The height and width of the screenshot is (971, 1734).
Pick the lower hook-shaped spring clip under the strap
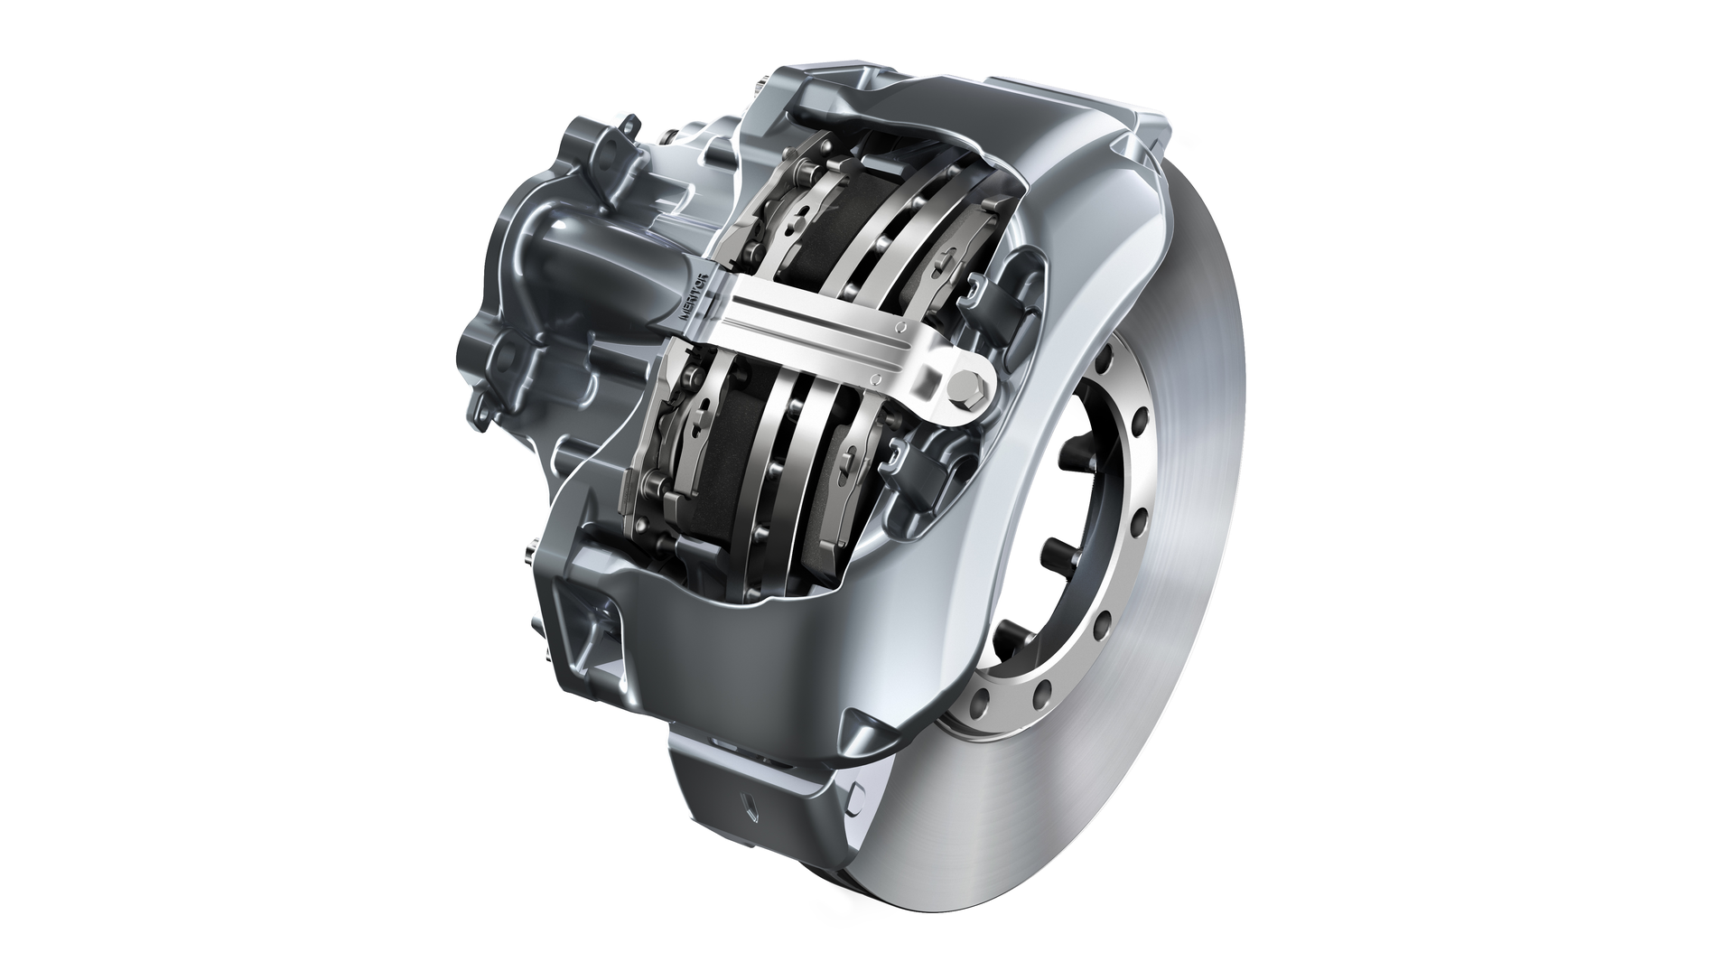pyautogui.click(x=909, y=460)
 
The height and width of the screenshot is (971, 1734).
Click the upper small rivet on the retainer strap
pyautogui.click(x=900, y=326)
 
